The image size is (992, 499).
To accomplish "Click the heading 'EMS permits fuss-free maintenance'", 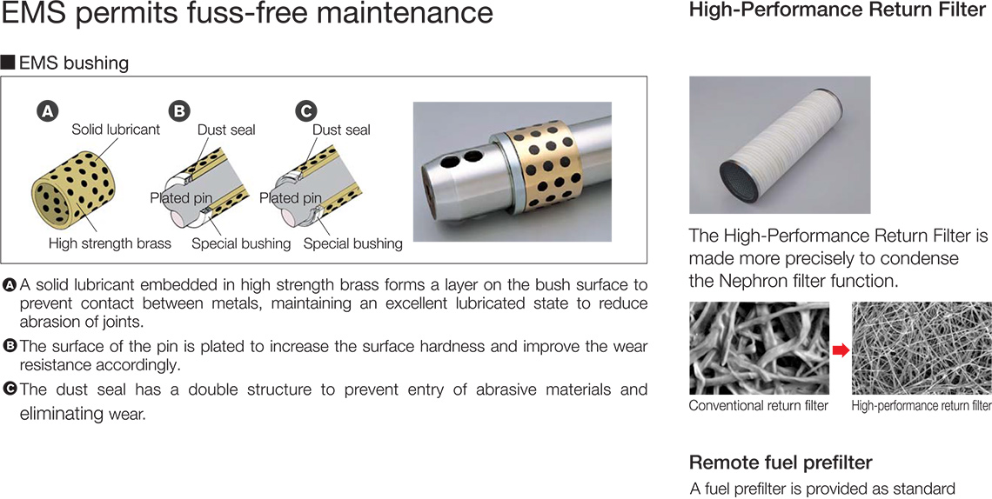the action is (247, 14).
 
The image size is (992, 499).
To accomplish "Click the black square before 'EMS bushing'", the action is (8, 63).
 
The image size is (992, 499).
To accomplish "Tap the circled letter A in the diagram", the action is (46, 112).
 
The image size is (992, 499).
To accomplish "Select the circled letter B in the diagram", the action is (179, 112).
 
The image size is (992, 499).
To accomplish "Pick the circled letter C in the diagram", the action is (305, 112).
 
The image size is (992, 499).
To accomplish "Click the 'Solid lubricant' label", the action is (116, 130).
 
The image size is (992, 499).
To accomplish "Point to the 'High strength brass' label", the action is (111, 243).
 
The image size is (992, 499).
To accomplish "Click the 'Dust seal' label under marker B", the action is (226, 130).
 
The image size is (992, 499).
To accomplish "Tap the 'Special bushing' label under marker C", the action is (353, 243).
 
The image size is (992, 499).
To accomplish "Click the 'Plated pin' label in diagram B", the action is (181, 197).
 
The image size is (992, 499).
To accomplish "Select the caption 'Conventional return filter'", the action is (758, 405).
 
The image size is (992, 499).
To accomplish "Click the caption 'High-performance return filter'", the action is (922, 405).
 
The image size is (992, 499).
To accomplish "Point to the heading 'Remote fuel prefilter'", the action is (781, 462).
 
